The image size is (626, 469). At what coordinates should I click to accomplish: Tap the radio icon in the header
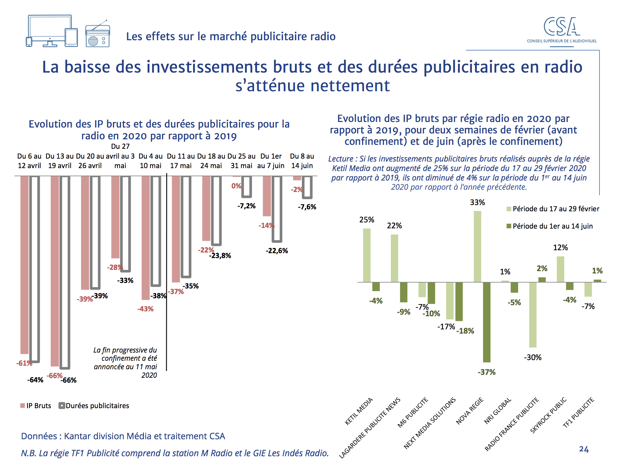coord(97,36)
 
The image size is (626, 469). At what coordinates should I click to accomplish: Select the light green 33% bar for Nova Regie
coord(477,246)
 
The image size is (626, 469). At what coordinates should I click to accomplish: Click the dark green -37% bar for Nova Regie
coord(487,322)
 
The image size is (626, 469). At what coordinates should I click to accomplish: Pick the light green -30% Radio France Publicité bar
coord(533,314)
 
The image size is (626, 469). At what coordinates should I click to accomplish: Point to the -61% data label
coord(24,363)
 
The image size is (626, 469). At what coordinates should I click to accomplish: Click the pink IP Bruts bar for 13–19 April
coord(55,271)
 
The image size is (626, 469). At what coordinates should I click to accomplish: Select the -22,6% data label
coord(277,251)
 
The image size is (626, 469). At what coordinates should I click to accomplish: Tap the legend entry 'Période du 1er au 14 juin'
coord(552,226)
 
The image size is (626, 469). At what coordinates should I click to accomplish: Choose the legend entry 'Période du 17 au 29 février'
coord(556,209)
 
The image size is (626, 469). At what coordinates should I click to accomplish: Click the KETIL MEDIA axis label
coord(359,411)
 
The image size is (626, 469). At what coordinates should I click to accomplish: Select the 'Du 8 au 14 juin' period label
coord(302,161)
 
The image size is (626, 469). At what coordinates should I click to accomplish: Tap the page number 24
coord(584,449)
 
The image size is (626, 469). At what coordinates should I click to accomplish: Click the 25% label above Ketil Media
coord(367,220)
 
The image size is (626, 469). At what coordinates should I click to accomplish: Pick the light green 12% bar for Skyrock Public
coord(560,269)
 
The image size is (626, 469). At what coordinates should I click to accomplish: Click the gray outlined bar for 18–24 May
coord(216,211)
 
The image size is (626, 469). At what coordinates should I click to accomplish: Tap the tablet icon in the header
coord(71,37)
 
